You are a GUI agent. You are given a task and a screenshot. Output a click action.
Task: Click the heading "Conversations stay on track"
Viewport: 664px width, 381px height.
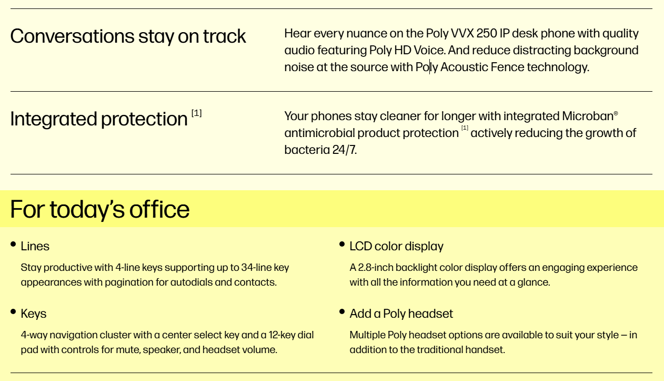128,36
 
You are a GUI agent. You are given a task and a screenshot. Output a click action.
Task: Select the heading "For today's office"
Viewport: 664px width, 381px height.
99,210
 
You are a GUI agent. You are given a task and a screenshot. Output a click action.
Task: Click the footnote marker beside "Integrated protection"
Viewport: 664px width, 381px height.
197,113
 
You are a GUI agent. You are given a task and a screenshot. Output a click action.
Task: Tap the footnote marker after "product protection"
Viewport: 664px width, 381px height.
465,128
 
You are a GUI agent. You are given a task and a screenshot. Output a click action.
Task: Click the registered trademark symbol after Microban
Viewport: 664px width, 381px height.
616,113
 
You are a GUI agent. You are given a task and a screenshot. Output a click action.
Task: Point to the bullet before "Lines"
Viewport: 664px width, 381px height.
13,244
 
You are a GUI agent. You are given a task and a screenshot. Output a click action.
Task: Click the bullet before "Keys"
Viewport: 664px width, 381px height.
13,311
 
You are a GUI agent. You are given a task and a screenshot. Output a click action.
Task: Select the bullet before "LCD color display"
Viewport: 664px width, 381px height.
342,244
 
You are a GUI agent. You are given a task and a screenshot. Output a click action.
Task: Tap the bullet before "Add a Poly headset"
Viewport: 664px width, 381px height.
342,311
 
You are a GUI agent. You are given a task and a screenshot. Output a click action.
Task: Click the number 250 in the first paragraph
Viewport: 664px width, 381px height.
487,34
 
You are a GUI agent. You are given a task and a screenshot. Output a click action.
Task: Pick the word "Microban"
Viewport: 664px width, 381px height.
588,116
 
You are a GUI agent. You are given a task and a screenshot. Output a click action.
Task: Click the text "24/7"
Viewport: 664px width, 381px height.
344,150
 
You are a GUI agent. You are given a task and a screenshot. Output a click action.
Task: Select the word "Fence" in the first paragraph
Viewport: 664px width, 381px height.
507,67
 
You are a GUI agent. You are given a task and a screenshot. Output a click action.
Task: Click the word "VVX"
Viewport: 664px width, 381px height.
462,34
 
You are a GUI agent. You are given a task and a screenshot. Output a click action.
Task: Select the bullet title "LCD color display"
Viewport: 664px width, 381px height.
396,246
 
